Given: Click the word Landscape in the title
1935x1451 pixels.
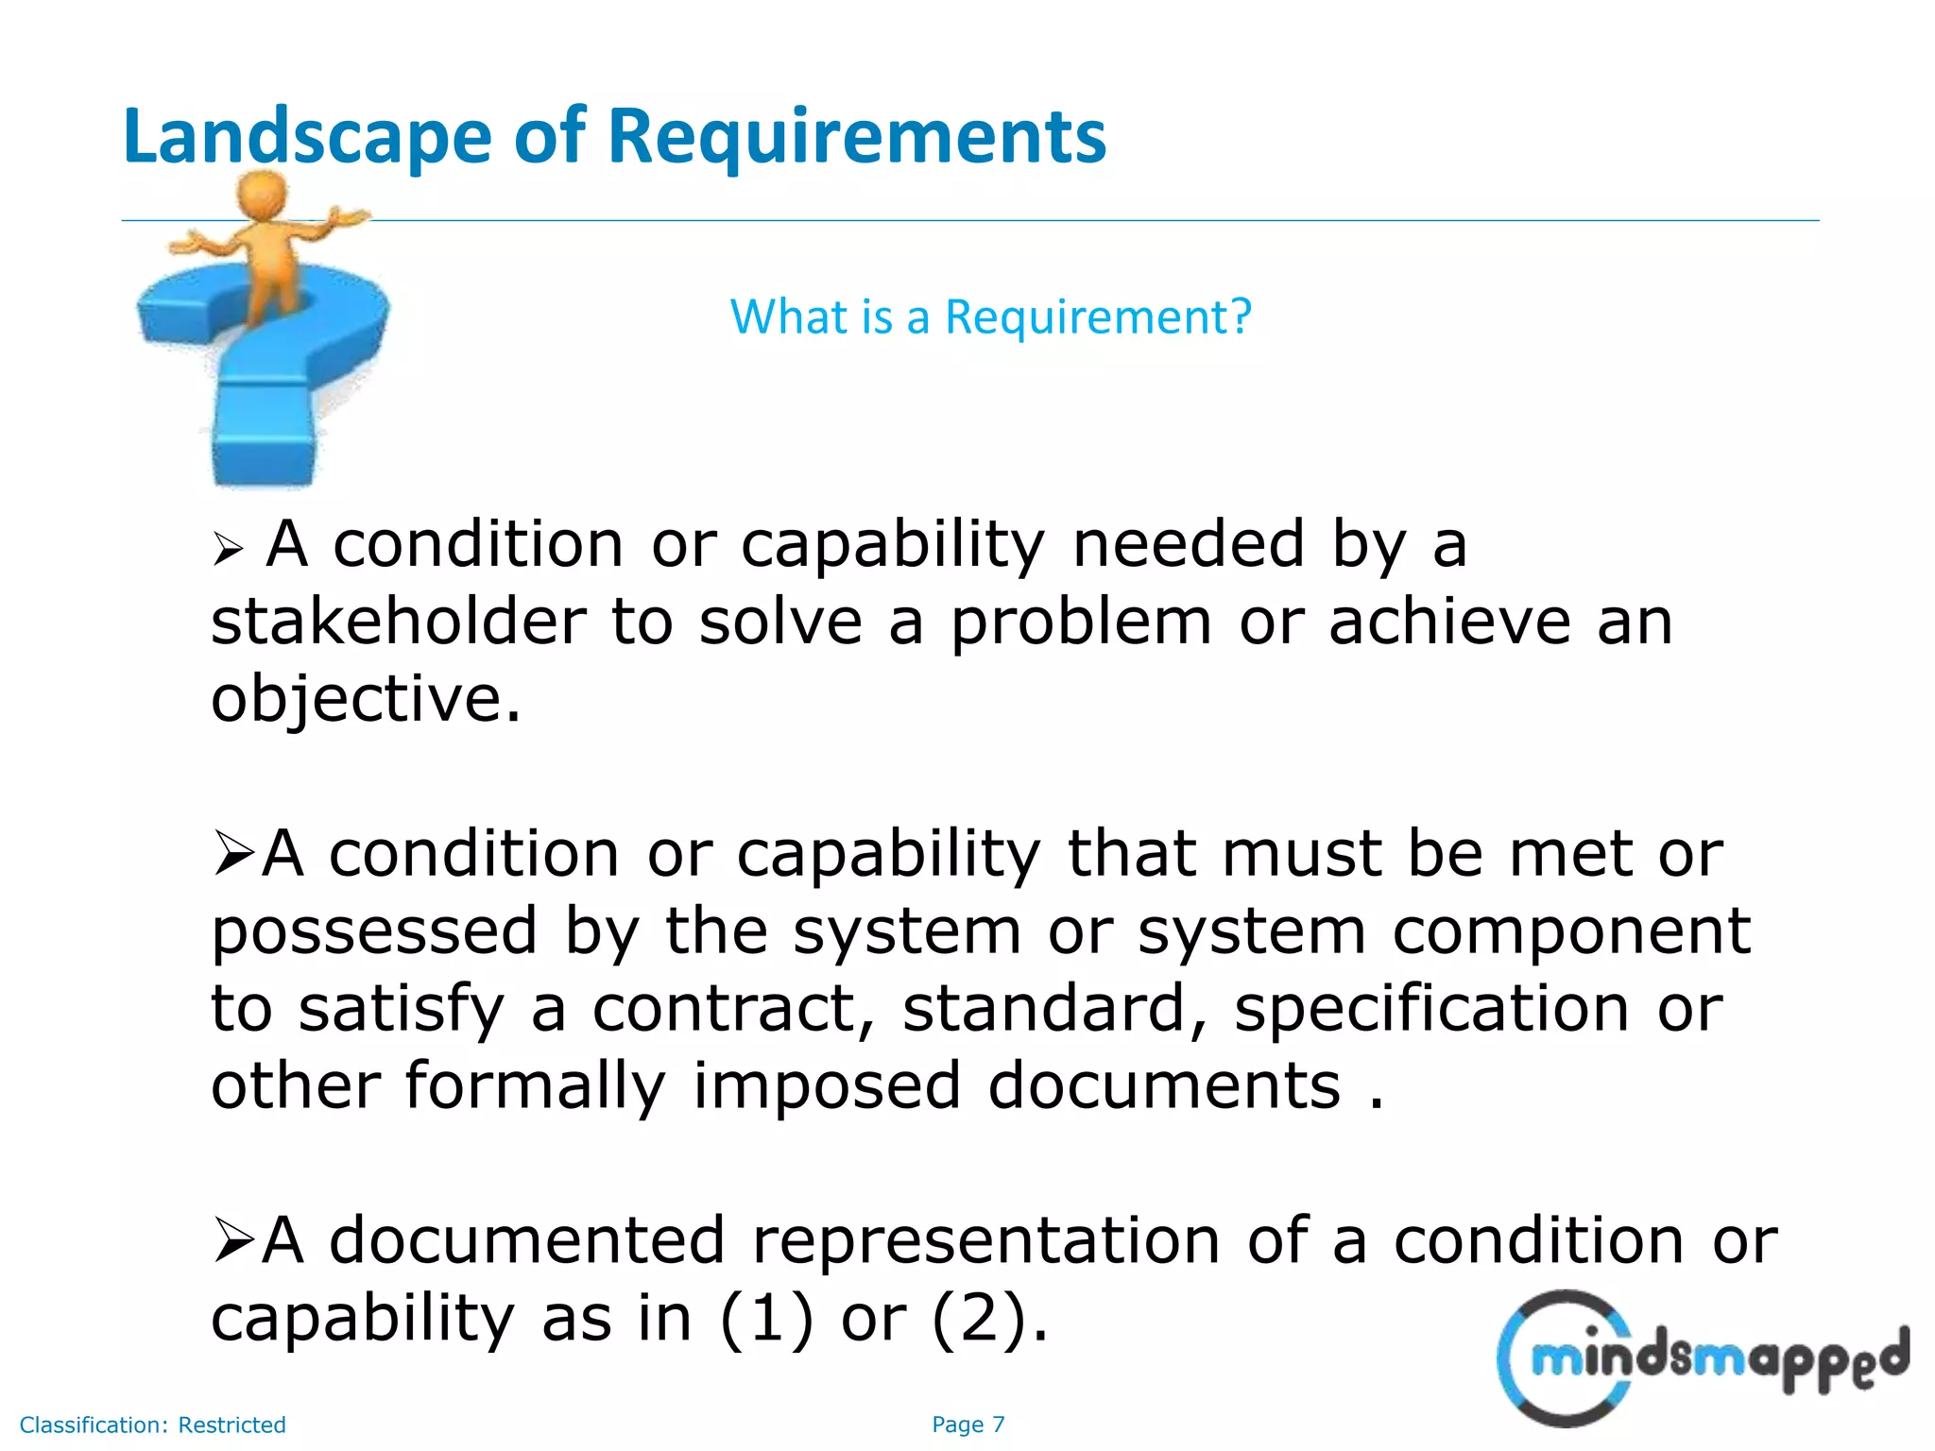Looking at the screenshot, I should click(307, 138).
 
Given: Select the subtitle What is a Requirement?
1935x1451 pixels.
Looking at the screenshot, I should click(990, 316).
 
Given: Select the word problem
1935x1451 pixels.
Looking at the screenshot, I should click(1081, 624).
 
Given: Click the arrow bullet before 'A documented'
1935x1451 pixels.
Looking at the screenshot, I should click(232, 1239).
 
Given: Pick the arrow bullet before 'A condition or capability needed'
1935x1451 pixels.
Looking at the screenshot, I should click(228, 548).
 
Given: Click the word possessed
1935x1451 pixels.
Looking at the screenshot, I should click(374, 932).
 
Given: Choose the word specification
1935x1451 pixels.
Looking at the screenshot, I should click(1431, 1009).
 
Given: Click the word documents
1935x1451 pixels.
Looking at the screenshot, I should click(1164, 1085).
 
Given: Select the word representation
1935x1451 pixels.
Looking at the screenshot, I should click(985, 1241).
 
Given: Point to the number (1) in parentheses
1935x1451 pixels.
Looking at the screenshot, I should click(766, 1319).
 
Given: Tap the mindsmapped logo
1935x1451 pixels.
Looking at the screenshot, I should click(1701, 1357).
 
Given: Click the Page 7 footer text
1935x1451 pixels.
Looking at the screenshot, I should click(967, 1425).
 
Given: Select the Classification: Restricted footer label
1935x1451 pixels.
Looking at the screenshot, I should click(152, 1425).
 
